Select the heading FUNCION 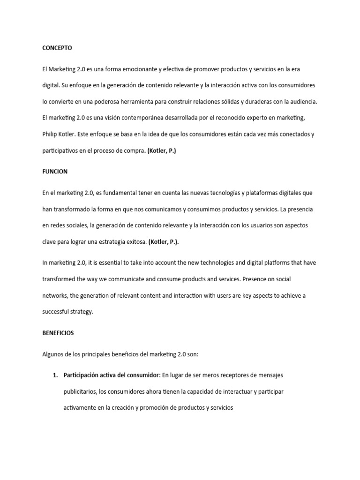click(x=54, y=172)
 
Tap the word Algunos click(x=53, y=354)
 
